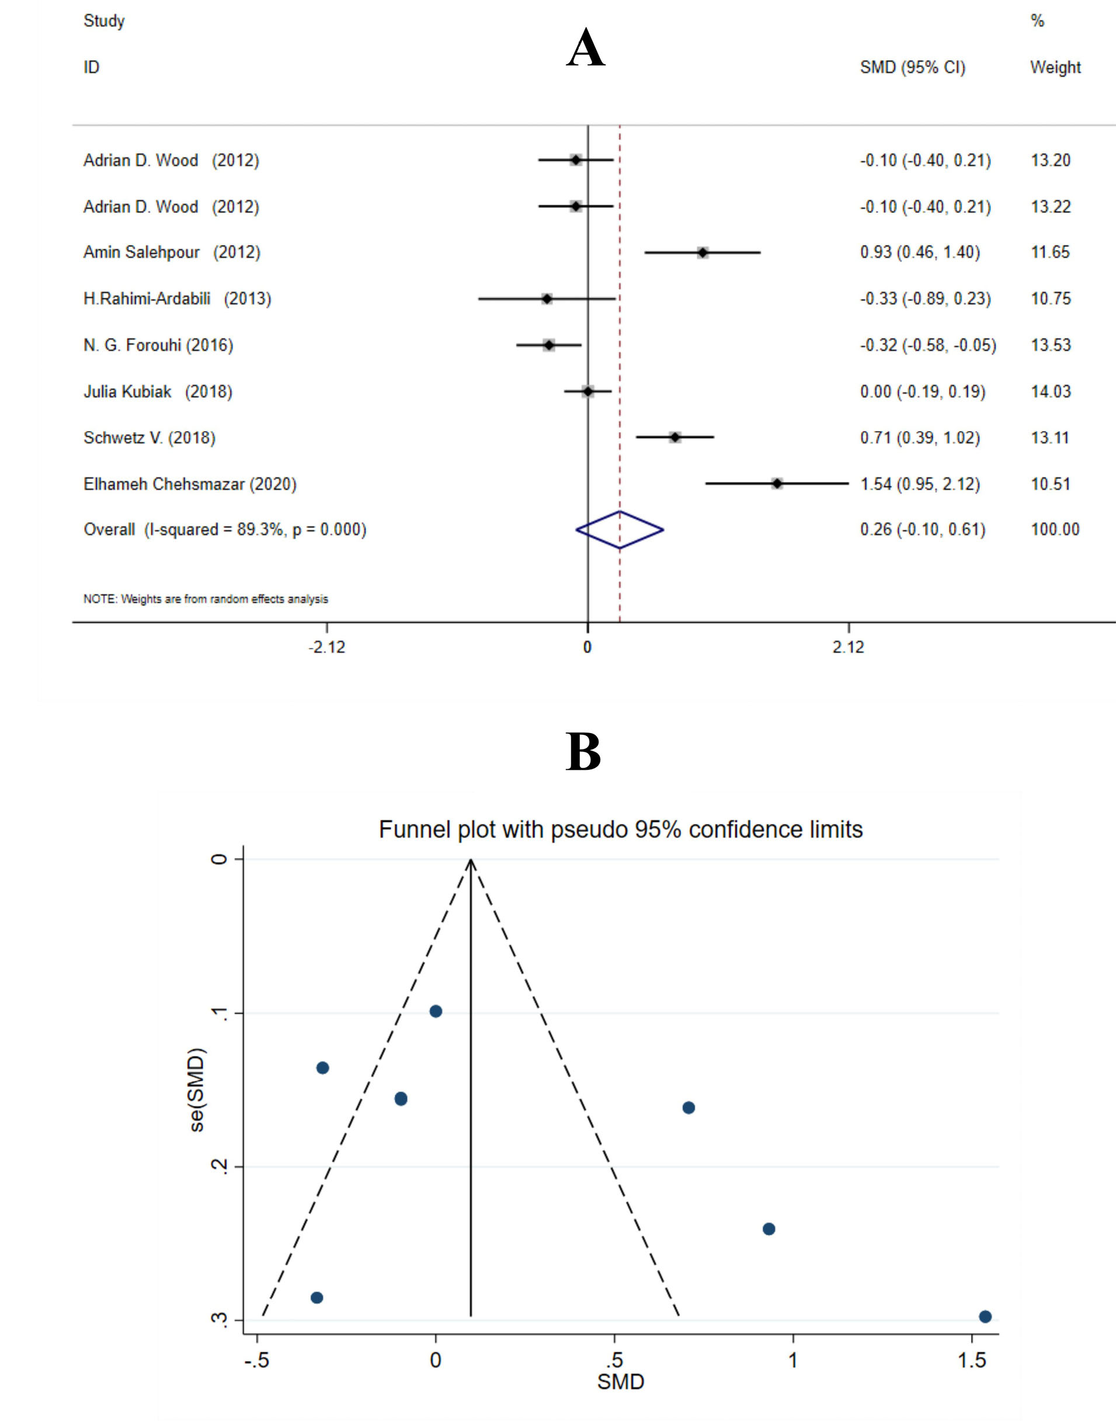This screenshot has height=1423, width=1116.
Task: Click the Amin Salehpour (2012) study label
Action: click(171, 252)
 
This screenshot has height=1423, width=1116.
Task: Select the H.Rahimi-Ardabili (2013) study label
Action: click(177, 299)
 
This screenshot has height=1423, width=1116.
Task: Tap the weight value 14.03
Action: click(1051, 391)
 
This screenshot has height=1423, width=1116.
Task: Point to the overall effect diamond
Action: click(620, 529)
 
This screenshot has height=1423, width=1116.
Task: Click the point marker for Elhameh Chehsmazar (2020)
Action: click(777, 484)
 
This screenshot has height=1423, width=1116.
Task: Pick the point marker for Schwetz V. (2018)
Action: click(675, 438)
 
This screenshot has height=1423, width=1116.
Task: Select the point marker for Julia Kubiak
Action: click(587, 391)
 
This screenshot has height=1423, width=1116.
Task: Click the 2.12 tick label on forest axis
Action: click(848, 647)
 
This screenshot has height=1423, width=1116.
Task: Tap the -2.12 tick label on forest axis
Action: click(326, 647)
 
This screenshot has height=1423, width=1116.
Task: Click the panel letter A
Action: click(585, 49)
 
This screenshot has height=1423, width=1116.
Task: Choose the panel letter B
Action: click(583, 752)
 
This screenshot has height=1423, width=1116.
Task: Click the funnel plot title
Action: click(621, 829)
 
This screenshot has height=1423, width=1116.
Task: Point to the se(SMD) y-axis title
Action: click(197, 1089)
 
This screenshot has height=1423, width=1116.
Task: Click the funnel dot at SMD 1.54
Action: click(985, 1317)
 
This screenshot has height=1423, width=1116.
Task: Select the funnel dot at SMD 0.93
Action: click(769, 1229)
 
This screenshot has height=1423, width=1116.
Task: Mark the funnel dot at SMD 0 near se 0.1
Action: click(436, 1011)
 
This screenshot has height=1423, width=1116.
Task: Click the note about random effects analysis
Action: click(206, 599)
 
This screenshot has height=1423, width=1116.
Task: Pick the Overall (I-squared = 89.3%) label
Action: click(225, 529)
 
